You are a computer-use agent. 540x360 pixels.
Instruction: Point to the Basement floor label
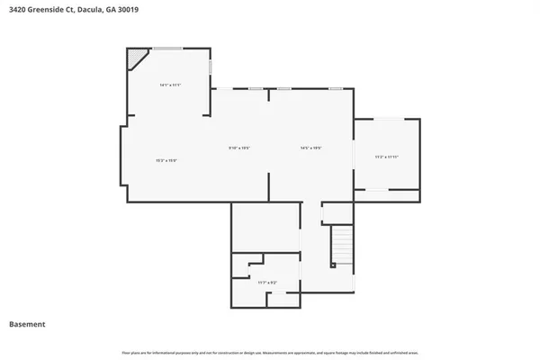[27, 324]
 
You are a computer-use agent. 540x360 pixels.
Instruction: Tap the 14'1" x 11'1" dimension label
[170, 85]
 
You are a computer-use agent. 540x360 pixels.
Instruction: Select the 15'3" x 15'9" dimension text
[166, 160]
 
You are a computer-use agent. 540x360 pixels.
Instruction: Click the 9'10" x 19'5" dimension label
[238, 148]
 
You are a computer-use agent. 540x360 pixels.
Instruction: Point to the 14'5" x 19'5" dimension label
[310, 148]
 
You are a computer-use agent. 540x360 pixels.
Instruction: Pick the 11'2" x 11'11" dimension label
[386, 157]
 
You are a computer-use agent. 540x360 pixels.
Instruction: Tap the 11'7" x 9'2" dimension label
[267, 283]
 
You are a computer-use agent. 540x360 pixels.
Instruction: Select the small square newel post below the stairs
[333, 265]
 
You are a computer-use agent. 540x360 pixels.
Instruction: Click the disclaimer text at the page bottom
[269, 351]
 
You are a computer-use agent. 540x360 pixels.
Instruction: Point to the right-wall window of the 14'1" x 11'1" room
[211, 67]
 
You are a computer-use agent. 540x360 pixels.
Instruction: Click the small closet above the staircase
[337, 212]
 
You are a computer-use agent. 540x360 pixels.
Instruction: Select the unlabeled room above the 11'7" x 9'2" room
[265, 226]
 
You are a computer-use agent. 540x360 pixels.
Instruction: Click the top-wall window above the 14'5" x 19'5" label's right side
[336, 88]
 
